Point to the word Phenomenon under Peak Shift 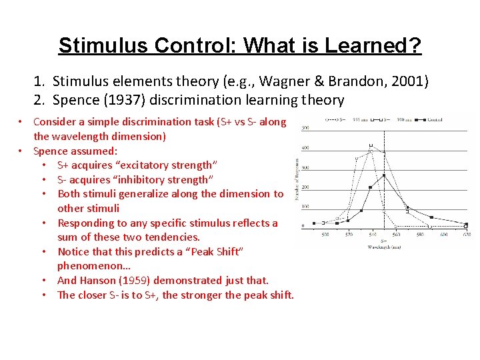[x=90, y=266]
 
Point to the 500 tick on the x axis [x=325, y=235]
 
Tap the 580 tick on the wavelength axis [x=419, y=235]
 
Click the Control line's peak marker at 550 [x=385, y=177]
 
